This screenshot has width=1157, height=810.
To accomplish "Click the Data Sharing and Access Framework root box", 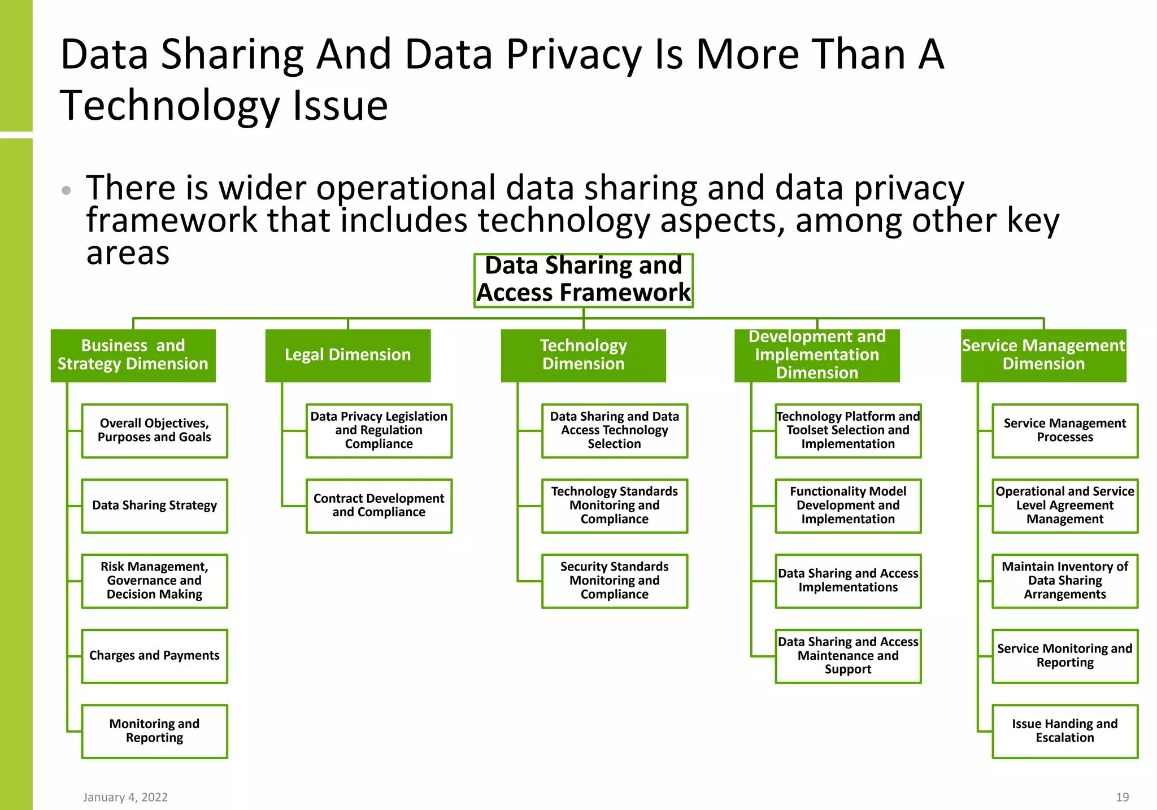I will (x=583, y=280).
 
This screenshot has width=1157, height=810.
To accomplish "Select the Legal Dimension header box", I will (x=348, y=355).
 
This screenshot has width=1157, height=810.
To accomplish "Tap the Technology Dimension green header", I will (x=583, y=355).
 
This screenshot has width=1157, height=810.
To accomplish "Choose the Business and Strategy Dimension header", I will (x=133, y=355).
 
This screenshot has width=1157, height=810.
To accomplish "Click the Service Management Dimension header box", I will (x=1043, y=355).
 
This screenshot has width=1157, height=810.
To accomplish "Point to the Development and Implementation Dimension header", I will (x=817, y=355).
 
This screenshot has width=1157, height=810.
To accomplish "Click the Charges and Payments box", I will (x=154, y=656).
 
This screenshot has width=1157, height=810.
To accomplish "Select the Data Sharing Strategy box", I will (x=154, y=506).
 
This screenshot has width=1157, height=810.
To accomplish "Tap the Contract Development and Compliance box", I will (x=379, y=506).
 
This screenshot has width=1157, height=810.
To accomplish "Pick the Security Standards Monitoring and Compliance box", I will (x=614, y=581).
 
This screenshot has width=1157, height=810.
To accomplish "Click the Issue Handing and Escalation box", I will (x=1064, y=731).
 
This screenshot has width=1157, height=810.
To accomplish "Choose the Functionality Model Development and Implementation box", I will (x=848, y=506).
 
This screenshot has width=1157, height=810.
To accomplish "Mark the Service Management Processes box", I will (x=1064, y=430).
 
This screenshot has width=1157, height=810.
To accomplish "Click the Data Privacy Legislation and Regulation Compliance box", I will (x=379, y=430).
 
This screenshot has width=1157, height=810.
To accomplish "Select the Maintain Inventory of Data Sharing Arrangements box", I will (x=1064, y=581).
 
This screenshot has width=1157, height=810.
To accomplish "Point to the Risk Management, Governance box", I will (x=154, y=581).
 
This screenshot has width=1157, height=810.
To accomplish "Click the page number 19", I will (x=1122, y=797).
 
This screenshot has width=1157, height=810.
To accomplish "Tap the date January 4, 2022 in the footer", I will (x=125, y=797).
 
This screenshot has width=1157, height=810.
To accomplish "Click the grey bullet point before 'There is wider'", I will (x=66, y=190).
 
